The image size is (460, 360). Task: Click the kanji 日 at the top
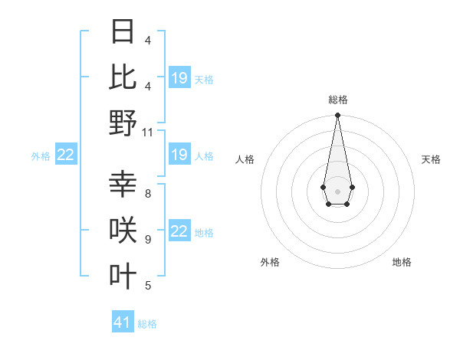click(123, 32)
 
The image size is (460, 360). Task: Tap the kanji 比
click(123, 77)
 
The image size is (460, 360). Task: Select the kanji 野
click(123, 123)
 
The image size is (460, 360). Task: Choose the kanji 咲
click(123, 231)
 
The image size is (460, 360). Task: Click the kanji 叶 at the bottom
click(123, 276)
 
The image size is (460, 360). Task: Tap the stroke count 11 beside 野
click(148, 132)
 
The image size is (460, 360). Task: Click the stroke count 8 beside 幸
click(148, 194)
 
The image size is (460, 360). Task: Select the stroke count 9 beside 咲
click(148, 240)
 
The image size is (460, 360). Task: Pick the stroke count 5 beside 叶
click(148, 286)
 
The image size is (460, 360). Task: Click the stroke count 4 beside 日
click(148, 40)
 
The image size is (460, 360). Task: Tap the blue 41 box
click(122, 322)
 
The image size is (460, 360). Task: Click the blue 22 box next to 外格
click(65, 155)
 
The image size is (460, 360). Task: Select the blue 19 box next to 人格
click(179, 155)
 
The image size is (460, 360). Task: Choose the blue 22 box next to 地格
click(179, 232)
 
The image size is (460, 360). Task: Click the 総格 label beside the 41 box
click(147, 324)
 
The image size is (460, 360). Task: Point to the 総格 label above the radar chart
click(337, 100)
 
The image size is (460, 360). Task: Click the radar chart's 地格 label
click(402, 262)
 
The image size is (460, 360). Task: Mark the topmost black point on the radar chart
click(337, 116)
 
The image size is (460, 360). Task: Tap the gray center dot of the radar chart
click(337, 191)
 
